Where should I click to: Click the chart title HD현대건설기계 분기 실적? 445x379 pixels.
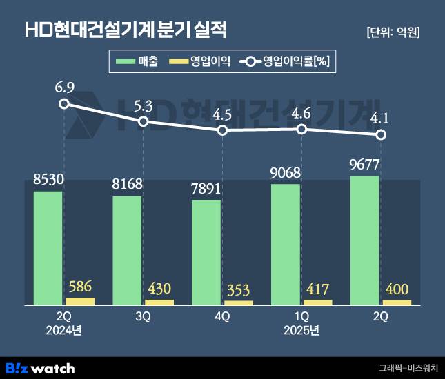pos(126,30)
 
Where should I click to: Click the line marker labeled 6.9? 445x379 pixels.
pos(64,103)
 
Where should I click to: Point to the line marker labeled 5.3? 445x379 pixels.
pos(143,122)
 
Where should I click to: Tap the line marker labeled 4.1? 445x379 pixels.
pos(380,134)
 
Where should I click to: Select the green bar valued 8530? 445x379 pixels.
pos(48,248)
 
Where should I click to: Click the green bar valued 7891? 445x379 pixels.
pos(206,252)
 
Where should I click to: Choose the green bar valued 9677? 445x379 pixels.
pos(365,240)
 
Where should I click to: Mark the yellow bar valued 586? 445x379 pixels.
pos(80,301)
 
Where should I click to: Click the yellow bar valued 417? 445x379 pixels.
pos(318,303)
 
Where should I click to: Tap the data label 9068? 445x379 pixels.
pos(286,172)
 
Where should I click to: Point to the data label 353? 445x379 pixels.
pos(239,288)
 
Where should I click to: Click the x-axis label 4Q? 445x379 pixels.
pos(223,317)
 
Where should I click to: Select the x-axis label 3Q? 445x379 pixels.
pos(144,317)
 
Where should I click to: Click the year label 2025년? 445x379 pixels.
pos(301,330)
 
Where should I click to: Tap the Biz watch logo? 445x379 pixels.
pos(39,368)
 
